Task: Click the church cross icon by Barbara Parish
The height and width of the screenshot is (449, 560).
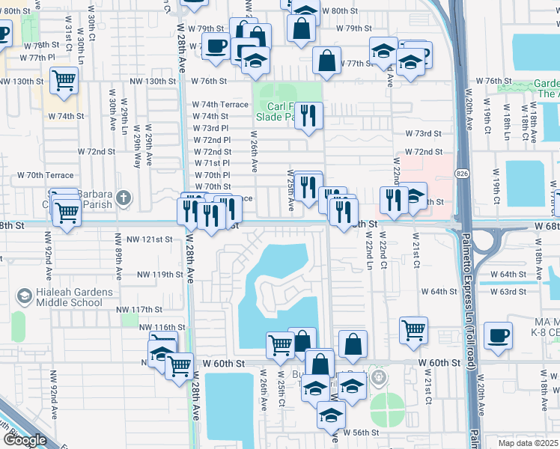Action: point(124,199)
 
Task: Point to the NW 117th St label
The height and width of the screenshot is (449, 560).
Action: point(139,310)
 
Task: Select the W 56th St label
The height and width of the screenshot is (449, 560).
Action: point(362,432)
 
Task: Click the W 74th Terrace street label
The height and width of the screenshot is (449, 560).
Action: point(220,105)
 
